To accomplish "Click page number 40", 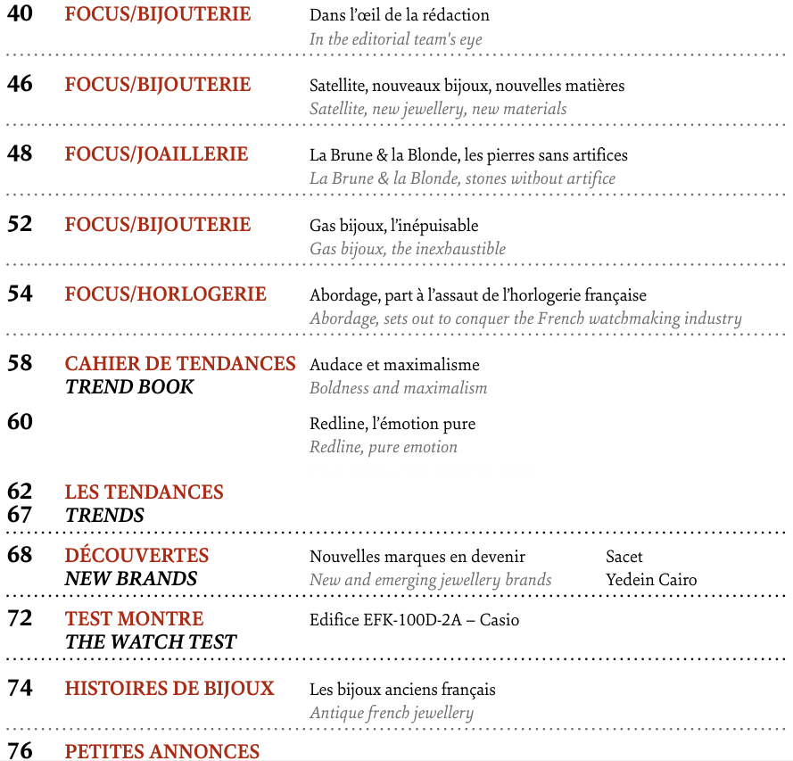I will (x=20, y=14).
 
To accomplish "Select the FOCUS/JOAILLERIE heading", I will (x=156, y=154).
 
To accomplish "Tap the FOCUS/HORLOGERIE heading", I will (x=165, y=294).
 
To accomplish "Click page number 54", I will (x=20, y=294).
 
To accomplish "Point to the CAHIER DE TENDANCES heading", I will (x=180, y=364).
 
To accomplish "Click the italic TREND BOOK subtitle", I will (x=129, y=387).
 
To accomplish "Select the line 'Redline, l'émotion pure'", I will (x=392, y=423).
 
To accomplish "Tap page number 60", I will (x=20, y=422).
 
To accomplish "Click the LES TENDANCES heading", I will (x=145, y=492).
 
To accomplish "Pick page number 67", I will (x=20, y=515).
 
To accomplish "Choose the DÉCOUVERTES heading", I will (x=136, y=556).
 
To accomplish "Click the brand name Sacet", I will (x=624, y=557).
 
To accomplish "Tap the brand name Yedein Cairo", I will (x=651, y=580).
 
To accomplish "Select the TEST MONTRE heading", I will (x=134, y=619).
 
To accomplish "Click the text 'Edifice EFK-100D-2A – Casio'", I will (x=414, y=620).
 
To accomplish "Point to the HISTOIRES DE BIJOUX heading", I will (x=169, y=689).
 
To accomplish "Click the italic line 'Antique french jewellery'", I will (x=392, y=713).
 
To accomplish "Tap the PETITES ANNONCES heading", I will (x=162, y=751).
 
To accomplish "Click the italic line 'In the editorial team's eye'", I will (x=396, y=39).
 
